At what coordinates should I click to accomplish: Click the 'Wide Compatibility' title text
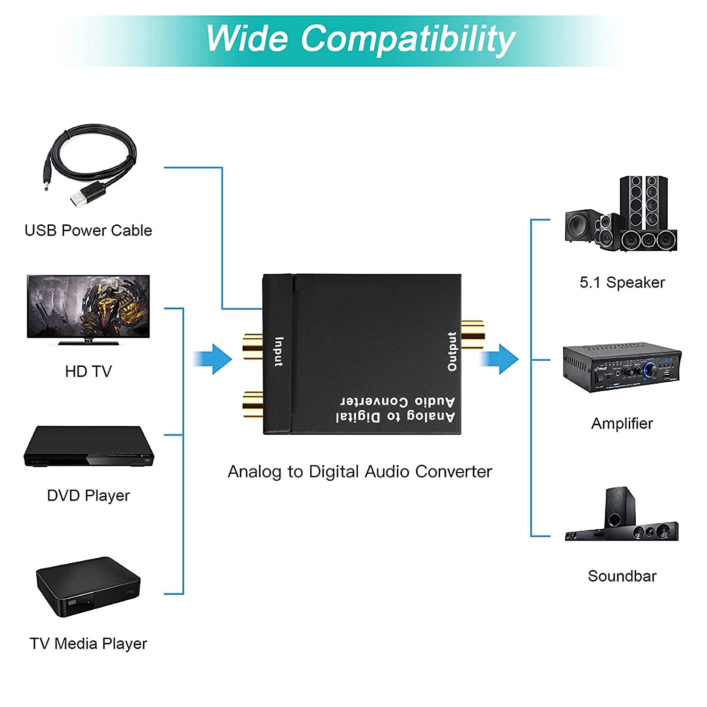(x=361, y=39)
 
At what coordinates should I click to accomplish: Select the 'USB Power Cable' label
(x=88, y=230)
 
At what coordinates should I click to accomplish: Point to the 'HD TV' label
(x=88, y=371)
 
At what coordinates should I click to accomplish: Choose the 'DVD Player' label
(x=88, y=495)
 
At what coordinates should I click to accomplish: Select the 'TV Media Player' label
(x=88, y=643)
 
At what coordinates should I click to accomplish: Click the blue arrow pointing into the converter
(x=214, y=359)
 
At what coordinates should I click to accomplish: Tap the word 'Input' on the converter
(x=279, y=352)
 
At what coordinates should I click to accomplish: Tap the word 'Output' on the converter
(x=452, y=351)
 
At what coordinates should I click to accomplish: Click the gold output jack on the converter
(x=473, y=334)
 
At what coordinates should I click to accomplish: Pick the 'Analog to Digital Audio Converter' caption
(x=360, y=471)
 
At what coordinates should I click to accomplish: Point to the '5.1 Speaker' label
(x=622, y=282)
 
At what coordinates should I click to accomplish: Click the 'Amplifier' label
(x=622, y=423)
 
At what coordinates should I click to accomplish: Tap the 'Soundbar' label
(x=622, y=576)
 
